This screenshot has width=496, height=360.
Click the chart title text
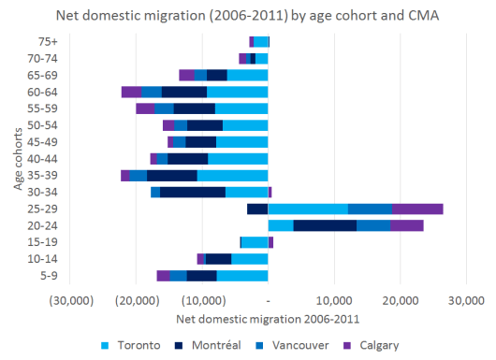click(x=248, y=15)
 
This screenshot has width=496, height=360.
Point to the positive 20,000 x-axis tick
click(x=400, y=300)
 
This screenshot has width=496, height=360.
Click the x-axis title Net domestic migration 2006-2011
click(x=269, y=318)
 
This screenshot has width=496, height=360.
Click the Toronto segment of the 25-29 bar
click(x=308, y=209)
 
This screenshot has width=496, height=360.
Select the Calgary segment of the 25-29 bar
click(x=417, y=209)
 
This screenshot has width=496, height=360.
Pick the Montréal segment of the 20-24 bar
click(x=325, y=225)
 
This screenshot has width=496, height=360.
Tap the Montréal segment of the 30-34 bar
click(x=193, y=192)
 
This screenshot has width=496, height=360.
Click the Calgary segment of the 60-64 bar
click(x=131, y=92)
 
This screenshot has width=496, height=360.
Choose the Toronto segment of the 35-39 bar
click(x=232, y=175)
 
